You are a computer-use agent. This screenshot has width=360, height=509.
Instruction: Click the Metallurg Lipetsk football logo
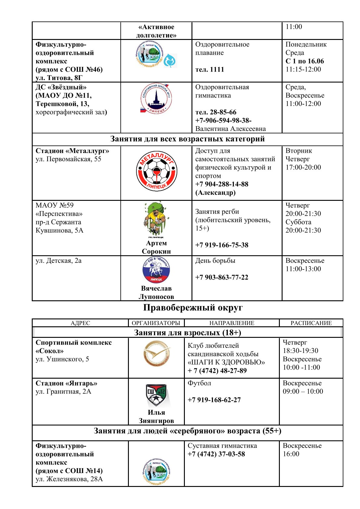[x=156, y=171]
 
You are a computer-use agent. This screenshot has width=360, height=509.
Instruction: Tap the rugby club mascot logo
[x=156, y=220]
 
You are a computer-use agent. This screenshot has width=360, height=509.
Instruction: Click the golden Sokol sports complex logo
[x=156, y=353]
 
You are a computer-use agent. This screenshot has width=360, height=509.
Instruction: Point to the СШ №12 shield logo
[x=156, y=395]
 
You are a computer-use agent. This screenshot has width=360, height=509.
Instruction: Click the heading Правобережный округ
[x=193, y=308]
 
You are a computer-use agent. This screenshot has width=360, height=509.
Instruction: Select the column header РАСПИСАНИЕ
[x=311, y=323]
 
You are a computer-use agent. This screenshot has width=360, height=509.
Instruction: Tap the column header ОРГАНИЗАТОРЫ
[x=156, y=323]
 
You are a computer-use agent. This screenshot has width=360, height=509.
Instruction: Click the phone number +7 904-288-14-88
[x=221, y=184]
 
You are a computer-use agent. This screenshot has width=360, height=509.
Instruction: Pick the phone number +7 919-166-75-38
[x=221, y=245]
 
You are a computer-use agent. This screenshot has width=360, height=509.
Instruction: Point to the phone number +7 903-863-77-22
[x=221, y=277]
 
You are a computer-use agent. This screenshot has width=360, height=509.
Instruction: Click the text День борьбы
[x=215, y=261]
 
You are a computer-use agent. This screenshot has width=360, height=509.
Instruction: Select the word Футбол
[x=199, y=383]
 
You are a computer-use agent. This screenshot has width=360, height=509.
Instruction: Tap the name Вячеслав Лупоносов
[x=156, y=292]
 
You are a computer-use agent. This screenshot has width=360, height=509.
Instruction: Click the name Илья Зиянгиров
[x=156, y=416]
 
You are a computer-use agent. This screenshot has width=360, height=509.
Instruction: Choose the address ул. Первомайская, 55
[x=68, y=159]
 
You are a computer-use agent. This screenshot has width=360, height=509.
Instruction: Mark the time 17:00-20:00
[x=303, y=167]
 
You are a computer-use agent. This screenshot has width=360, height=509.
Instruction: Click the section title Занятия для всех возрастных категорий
[x=187, y=139]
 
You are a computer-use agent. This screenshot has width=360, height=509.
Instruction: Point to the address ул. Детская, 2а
[x=58, y=261]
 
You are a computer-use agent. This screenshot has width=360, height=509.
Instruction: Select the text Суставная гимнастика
[x=222, y=446]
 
